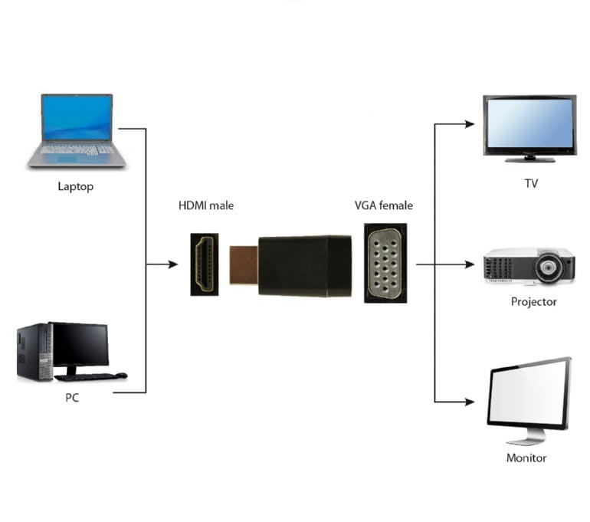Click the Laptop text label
coord(75,186)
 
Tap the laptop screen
coord(77,118)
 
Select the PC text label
coord(72,398)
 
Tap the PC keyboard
coord(86,376)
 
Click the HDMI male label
coord(206,205)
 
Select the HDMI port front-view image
coord(205,264)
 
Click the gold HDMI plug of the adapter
coord(244,265)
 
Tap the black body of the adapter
coord(304,266)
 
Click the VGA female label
coord(383,205)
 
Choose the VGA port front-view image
coord(385,263)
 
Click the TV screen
coord(529,123)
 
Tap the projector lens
coord(550,268)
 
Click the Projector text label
coord(533,302)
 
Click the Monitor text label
coord(526,458)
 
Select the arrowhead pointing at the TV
coord(470,123)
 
